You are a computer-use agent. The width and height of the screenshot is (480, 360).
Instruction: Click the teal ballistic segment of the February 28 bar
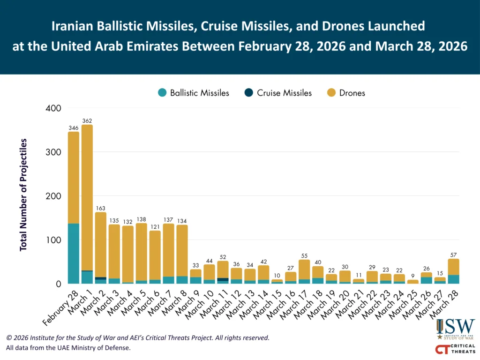click(74, 253)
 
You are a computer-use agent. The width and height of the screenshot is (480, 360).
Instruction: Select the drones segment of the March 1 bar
click(87, 197)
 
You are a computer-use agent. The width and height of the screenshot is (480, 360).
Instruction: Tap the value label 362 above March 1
click(87, 120)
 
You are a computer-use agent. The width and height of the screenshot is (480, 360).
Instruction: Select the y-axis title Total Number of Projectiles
click(23, 195)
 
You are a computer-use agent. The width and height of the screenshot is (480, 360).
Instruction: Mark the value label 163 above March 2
click(101, 208)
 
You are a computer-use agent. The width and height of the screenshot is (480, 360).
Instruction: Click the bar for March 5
click(142, 253)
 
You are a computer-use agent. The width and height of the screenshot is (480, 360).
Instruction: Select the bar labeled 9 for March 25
click(413, 282)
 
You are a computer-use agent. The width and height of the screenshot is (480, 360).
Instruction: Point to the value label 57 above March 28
click(453, 255)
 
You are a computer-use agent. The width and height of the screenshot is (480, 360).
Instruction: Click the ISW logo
click(455, 329)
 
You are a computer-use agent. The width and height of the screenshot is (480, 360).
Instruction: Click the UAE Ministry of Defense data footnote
click(68, 348)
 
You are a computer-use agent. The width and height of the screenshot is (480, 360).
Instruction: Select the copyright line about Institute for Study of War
click(138, 337)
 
